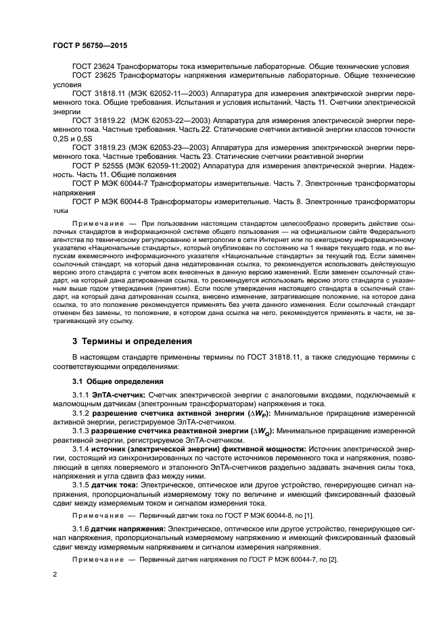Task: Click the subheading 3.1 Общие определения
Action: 113,381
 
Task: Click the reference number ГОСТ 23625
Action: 94,76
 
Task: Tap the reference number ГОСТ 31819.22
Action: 100,120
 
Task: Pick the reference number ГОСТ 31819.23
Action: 100,146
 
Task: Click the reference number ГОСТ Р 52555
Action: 99,166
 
